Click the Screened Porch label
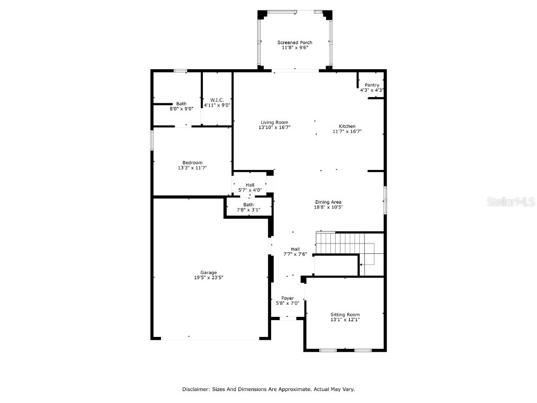[295, 43]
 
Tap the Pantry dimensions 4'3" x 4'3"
[372, 90]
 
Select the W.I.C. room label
[217, 100]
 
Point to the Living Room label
[274, 122]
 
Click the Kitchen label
[347, 126]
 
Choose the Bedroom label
[192, 163]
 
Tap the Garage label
[208, 272]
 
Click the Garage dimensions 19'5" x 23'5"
[208, 278]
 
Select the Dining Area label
[329, 202]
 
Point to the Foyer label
[287, 298]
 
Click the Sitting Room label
[345, 314]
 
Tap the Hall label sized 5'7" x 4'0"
[250, 185]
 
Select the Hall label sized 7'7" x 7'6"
[295, 249]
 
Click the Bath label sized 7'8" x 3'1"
[248, 205]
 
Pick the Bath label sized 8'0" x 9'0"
[181, 104]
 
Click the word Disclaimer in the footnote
[196, 389]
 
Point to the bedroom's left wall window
[152, 140]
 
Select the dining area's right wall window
[384, 200]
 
